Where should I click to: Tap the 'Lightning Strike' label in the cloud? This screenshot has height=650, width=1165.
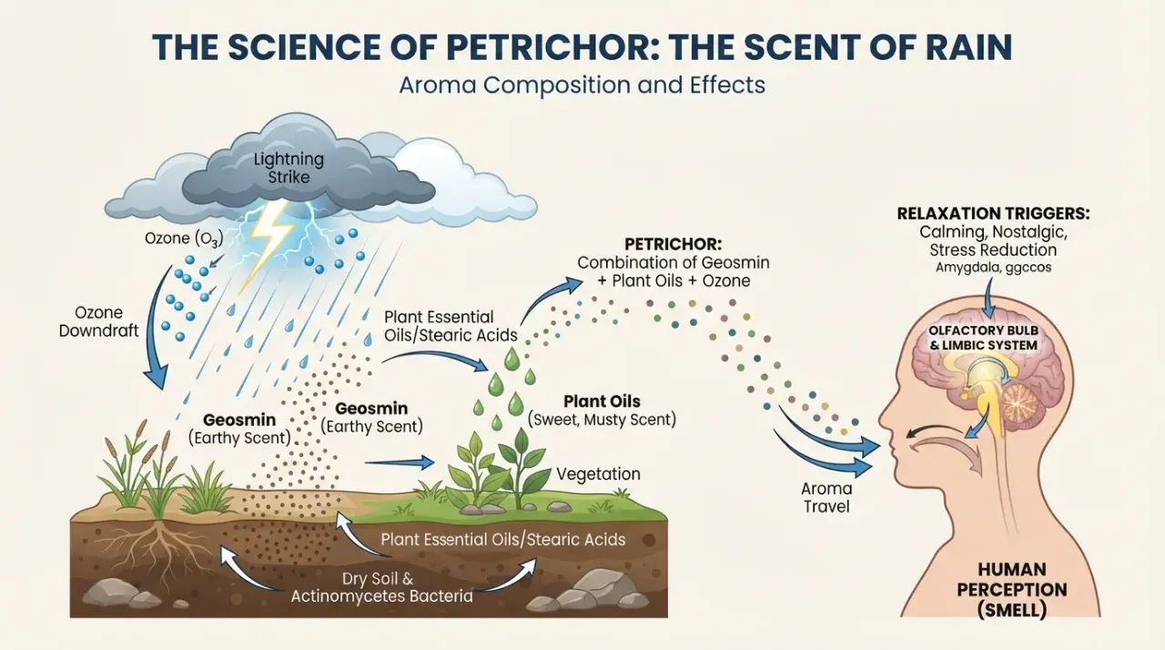point(289,168)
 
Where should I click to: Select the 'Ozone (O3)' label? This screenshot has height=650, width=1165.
point(184,239)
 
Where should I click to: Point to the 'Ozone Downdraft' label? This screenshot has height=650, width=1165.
point(99,321)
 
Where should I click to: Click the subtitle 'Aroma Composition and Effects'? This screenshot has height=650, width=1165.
point(582,86)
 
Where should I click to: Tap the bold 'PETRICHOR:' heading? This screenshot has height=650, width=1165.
point(673,244)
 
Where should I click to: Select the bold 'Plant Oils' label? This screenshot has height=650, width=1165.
point(602,401)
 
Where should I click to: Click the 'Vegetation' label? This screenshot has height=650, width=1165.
point(598,473)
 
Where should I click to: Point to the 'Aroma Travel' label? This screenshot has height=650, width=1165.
point(826,497)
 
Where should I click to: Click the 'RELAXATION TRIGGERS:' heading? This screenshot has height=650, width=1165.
point(993,214)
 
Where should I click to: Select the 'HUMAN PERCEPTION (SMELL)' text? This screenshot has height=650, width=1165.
point(1012,590)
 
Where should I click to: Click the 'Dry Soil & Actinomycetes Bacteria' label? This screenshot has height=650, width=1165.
point(381,587)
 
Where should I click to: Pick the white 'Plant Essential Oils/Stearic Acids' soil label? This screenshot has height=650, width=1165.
point(503,539)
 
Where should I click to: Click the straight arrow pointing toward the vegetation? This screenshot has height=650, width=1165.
point(399,462)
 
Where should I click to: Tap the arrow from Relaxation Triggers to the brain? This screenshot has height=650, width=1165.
point(988,297)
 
